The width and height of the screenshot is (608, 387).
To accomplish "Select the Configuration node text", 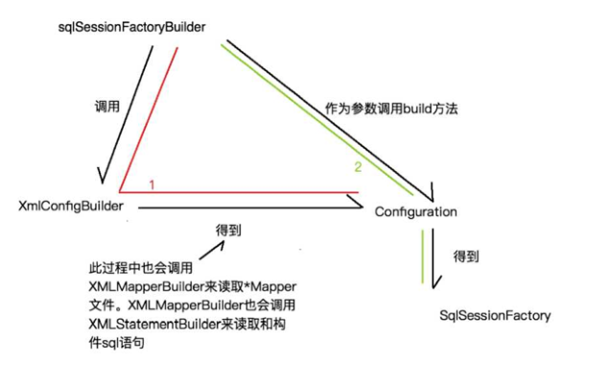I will [x=415, y=211].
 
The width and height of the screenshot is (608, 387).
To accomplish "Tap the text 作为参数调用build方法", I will [x=387, y=109].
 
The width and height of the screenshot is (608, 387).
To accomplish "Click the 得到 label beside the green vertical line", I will [x=465, y=256].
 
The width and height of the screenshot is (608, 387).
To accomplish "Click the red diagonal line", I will [x=149, y=115].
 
